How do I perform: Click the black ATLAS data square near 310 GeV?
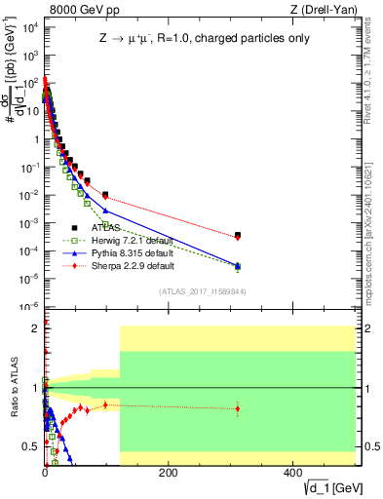[238, 235]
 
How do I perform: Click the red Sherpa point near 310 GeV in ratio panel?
[238, 408]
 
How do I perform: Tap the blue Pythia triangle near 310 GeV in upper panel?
[238, 265]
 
